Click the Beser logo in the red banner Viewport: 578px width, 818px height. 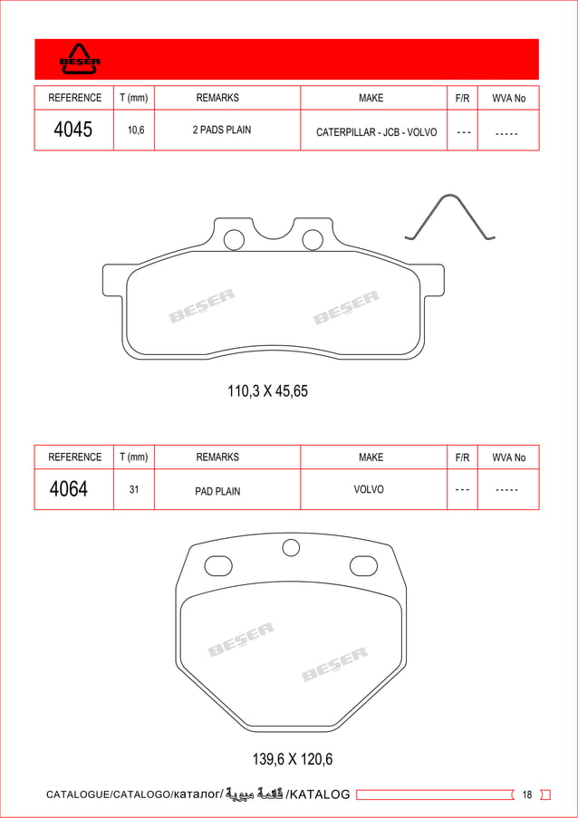pos(80,60)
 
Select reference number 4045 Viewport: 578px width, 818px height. pos(73,130)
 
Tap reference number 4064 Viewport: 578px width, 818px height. pos(69,489)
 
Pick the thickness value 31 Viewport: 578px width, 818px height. pos(134,490)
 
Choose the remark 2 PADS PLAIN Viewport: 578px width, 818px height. pos(222,130)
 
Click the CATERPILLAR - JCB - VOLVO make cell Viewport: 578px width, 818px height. pos(376,132)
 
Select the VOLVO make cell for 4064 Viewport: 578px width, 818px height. pos(369,489)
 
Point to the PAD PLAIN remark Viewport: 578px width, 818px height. pos(217,491)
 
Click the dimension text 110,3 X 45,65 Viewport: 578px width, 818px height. pos(267,391)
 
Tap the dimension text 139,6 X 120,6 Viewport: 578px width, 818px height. pos(286,758)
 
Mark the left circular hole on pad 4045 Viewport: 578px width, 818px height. pos(234,240)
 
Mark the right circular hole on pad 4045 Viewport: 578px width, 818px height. pos(313,240)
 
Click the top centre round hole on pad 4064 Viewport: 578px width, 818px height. pos(291,547)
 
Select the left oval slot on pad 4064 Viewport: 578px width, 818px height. pos(219,566)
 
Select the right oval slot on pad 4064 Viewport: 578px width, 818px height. pos(363,566)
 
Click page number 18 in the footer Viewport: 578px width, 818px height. pos(527,795)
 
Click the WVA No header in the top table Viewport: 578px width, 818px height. pos(508,98)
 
